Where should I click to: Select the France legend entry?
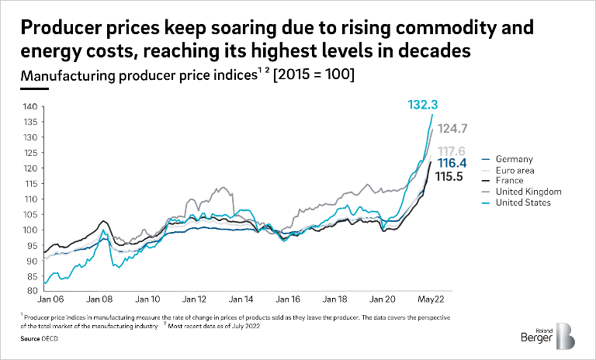512,180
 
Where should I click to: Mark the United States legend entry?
522,202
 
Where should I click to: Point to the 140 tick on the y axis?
30,106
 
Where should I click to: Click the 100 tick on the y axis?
30,230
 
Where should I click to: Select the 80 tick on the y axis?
32,291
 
